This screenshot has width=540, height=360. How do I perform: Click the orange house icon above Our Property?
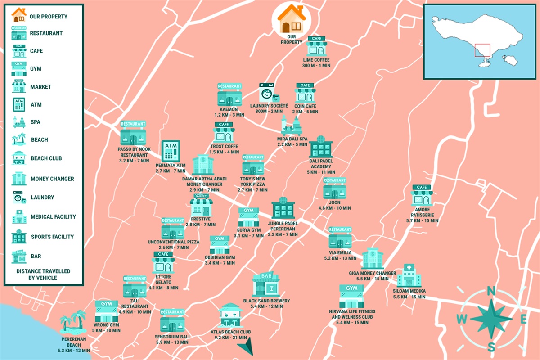coord(291,18)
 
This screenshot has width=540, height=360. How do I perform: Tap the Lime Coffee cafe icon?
coord(316,46)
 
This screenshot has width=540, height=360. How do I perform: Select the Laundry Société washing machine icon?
coord(268,93)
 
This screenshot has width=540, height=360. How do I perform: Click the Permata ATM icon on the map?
coord(171,151)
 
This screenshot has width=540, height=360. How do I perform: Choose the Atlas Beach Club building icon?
coord(230,316)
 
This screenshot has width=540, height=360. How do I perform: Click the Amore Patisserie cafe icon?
coord(422,195)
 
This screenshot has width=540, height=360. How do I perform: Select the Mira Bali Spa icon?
coord(291,126)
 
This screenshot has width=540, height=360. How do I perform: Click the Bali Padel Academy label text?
coord(321,166)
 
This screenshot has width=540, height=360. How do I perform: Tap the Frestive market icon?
coord(201,205)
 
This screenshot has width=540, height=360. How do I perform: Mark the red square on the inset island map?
coord(482,50)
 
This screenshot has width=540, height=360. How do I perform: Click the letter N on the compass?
coord(492,291)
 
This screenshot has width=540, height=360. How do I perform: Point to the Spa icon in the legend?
coord(19,122)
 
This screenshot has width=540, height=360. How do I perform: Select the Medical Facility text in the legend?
coord(53,217)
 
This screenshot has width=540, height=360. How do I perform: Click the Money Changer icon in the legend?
coord(19,179)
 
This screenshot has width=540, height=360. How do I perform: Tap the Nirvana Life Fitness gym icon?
coord(351,296)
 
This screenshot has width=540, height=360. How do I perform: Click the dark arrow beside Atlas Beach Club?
coord(245,347)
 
